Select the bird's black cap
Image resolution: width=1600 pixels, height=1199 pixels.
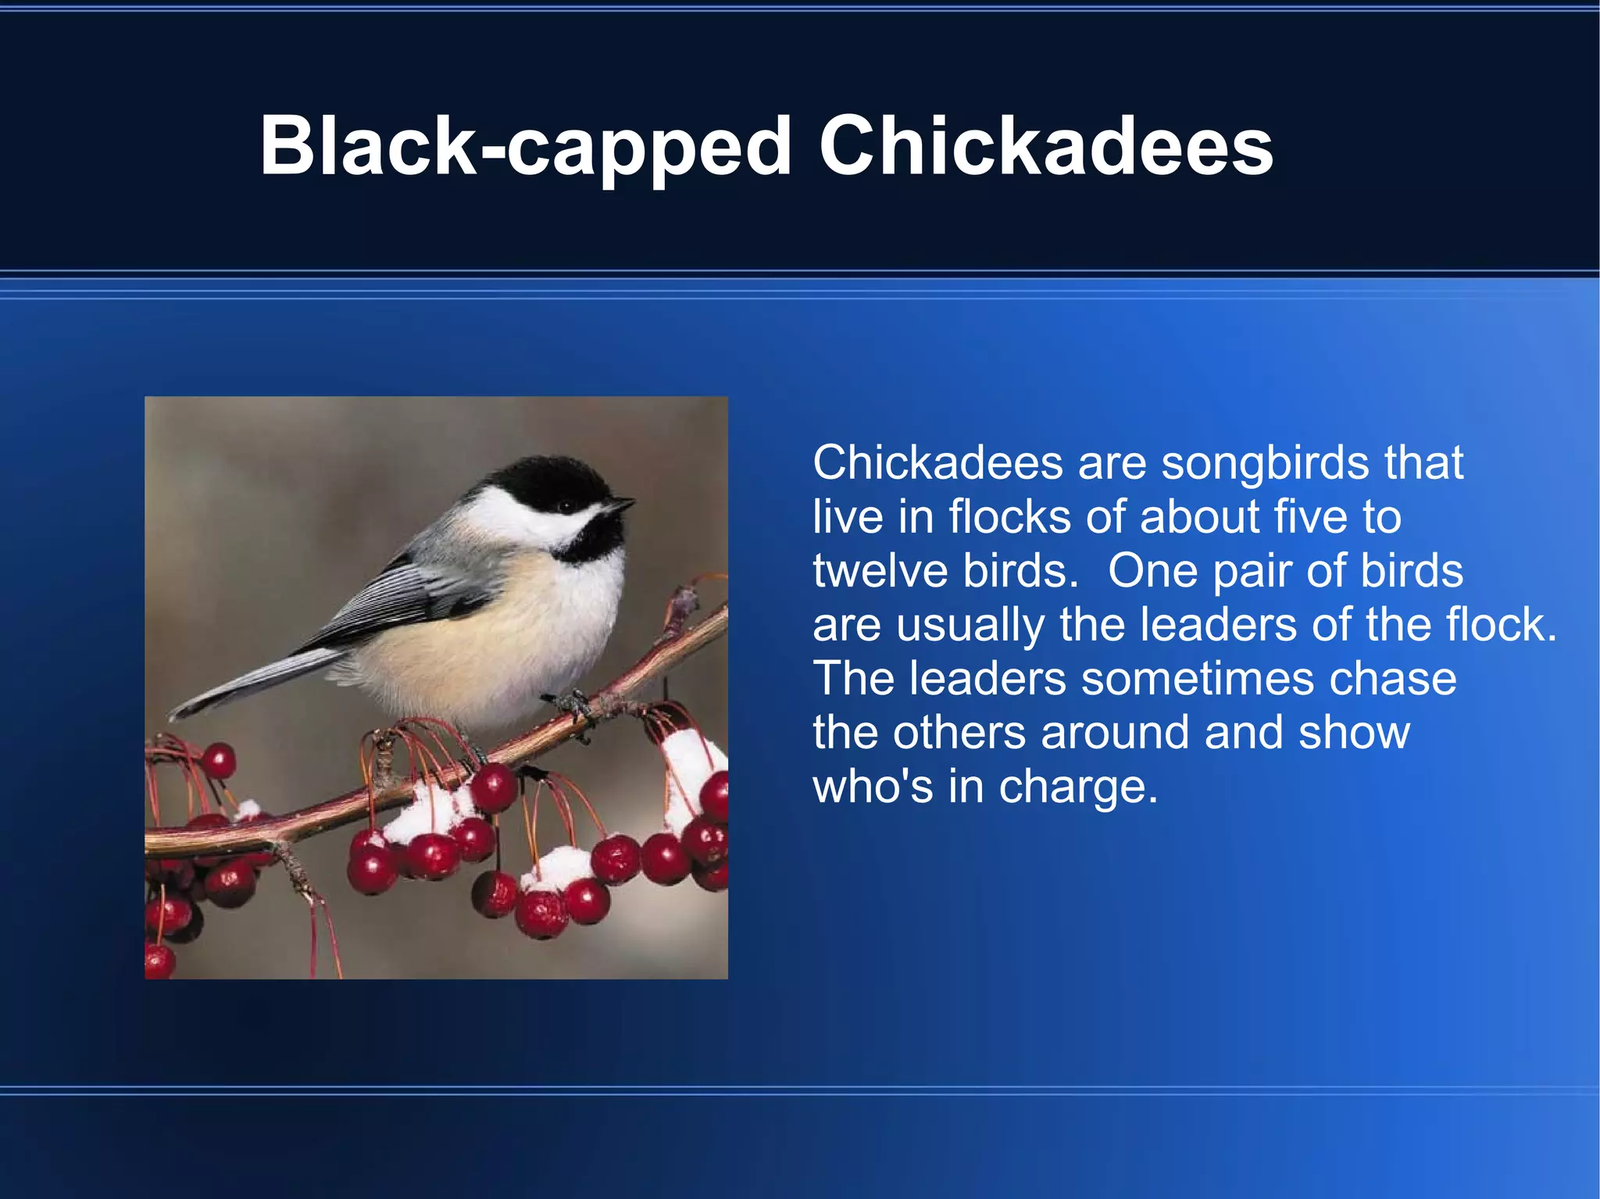(x=547, y=476)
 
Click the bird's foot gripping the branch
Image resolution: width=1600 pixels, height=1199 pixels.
(x=574, y=704)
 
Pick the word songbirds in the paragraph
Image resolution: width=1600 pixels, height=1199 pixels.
(x=1265, y=462)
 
